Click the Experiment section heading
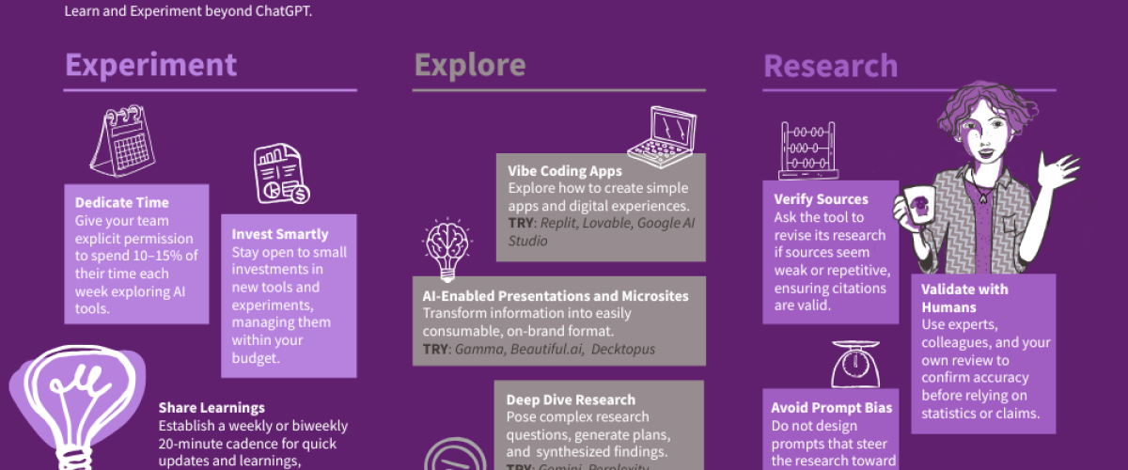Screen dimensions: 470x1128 tap(150, 65)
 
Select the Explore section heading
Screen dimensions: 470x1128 tap(469, 65)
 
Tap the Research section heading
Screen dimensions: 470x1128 tap(830, 66)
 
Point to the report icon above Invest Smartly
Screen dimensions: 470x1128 tap(281, 175)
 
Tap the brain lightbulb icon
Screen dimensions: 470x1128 tap(446, 243)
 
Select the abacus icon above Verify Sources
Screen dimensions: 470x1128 tap(808, 150)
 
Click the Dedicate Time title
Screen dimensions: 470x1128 tap(122, 202)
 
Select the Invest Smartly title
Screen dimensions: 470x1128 tap(280, 234)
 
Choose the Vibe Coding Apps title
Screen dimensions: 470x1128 tap(565, 171)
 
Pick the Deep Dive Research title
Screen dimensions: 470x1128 tap(571, 399)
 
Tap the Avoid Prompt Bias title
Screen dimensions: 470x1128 tap(832, 408)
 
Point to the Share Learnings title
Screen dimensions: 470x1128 tap(211, 407)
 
